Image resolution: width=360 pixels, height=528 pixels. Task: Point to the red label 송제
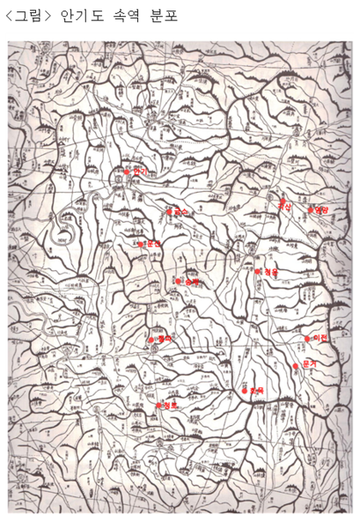[x=192, y=282]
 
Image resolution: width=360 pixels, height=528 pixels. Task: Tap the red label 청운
[x=270, y=273]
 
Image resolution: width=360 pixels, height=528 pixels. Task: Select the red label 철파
[x=162, y=338]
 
